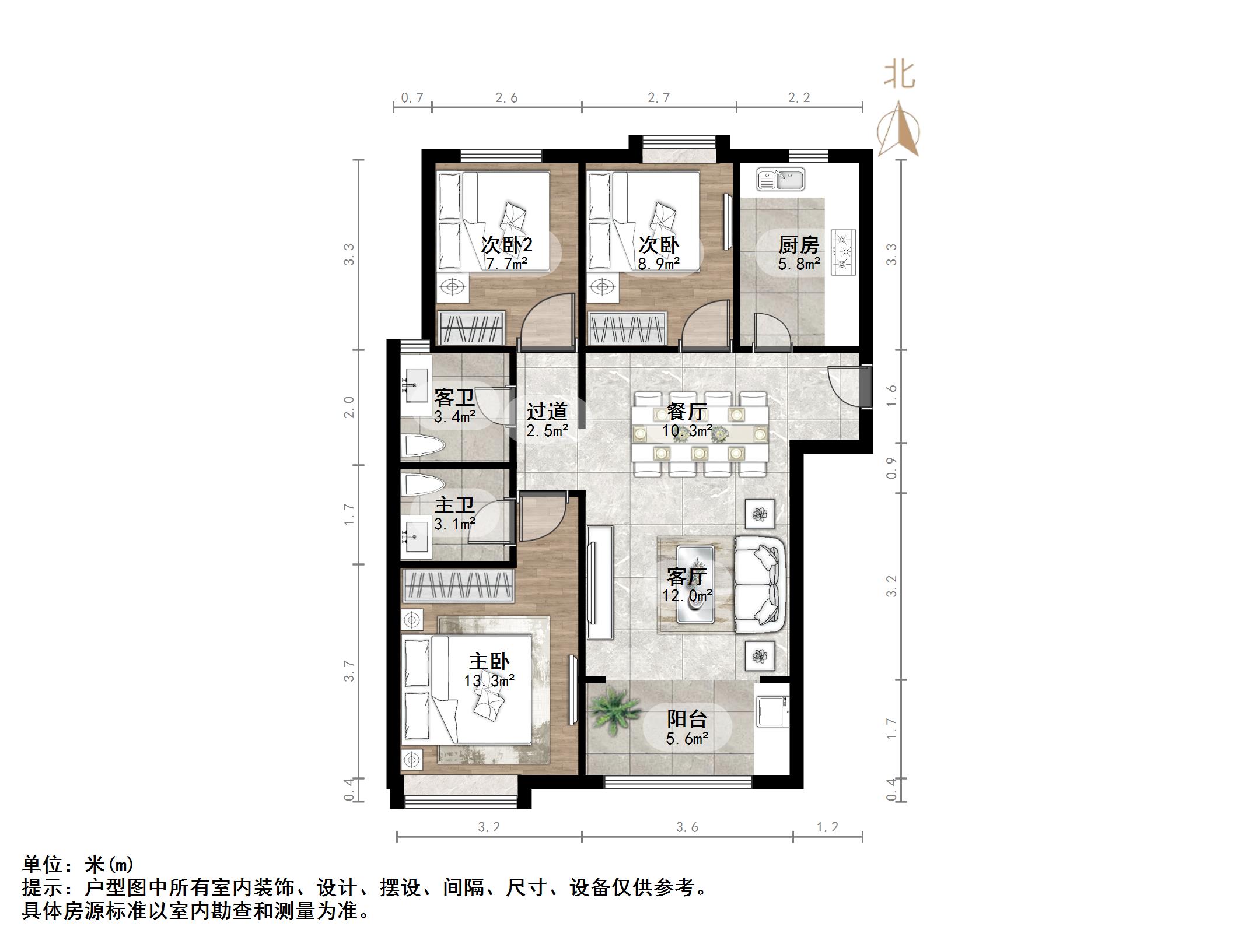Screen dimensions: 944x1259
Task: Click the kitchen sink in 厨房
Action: tap(780, 179)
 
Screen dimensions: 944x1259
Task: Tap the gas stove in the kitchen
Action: tap(844, 252)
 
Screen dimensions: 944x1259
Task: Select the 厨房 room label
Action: tap(799, 245)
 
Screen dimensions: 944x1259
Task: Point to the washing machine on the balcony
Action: tap(772, 712)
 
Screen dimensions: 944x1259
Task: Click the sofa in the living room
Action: tap(759, 585)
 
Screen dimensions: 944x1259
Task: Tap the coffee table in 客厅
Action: tap(695, 584)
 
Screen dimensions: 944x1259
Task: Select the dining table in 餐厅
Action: tap(699, 433)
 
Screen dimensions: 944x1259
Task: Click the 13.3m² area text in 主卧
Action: tap(489, 680)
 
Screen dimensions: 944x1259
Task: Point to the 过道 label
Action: tap(547, 412)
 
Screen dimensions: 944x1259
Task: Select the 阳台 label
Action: tap(687, 719)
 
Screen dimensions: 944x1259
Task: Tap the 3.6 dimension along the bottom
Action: tap(687, 827)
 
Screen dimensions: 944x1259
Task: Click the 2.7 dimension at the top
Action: tap(659, 97)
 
